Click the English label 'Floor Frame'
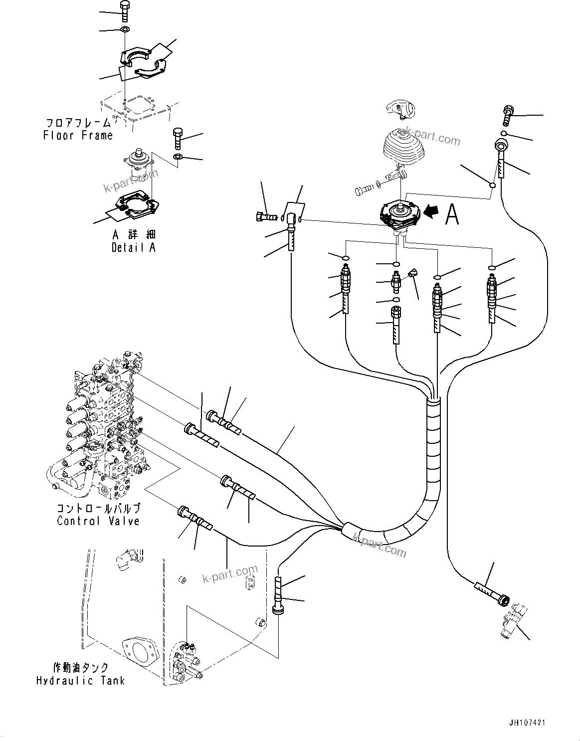(x=78, y=136)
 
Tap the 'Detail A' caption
(x=133, y=247)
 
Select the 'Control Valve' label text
(x=98, y=521)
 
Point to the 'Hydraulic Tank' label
(x=80, y=681)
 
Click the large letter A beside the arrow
(x=452, y=215)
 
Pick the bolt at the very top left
(x=124, y=10)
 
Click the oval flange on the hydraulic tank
(x=140, y=653)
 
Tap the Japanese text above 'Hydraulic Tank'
(x=80, y=668)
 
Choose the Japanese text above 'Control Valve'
(x=98, y=509)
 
